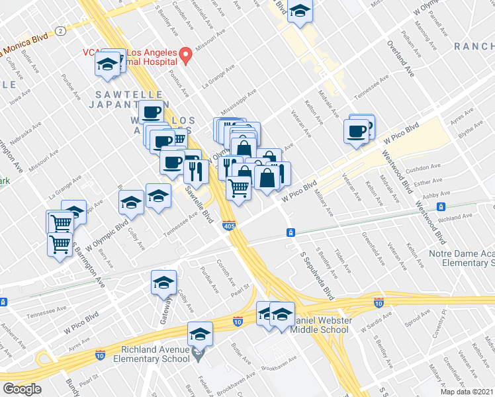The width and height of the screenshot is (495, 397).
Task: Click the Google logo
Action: coord(22,389)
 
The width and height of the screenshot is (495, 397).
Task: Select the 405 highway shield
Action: coord(228,226)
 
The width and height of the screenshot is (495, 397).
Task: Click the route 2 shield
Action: coord(60,30)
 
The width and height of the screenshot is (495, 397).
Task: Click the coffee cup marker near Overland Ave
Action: coord(357,130)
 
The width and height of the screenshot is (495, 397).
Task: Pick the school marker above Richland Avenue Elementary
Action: coord(200,334)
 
